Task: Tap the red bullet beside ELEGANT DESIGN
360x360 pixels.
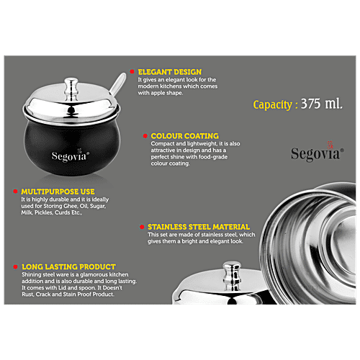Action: click(132, 73)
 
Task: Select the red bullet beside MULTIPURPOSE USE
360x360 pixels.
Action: click(16, 192)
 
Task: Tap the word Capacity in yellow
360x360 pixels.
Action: click(272, 105)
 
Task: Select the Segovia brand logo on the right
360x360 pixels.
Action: click(316, 153)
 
